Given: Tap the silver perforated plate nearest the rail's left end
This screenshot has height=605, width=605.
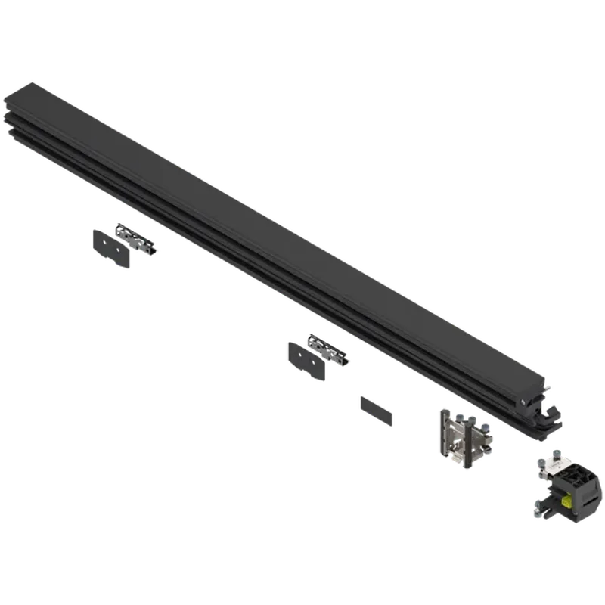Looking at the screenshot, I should (x=138, y=241).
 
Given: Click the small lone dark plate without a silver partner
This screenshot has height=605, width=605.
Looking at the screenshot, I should (x=377, y=408).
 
